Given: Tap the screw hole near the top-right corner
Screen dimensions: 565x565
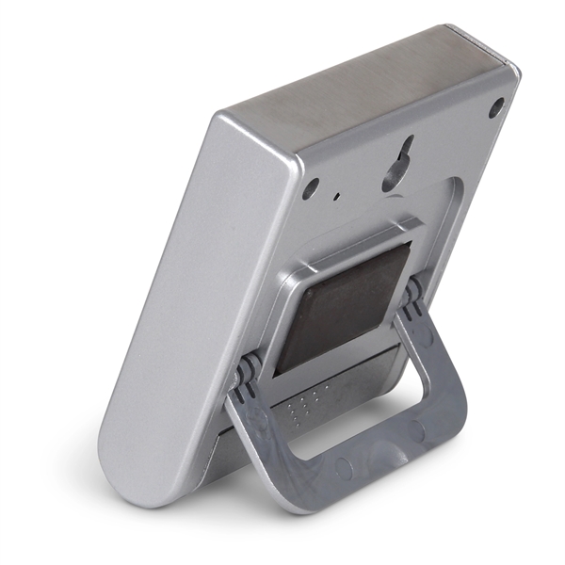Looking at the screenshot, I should click(495, 108).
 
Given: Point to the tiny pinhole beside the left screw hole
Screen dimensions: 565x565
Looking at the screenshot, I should click(337, 198).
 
